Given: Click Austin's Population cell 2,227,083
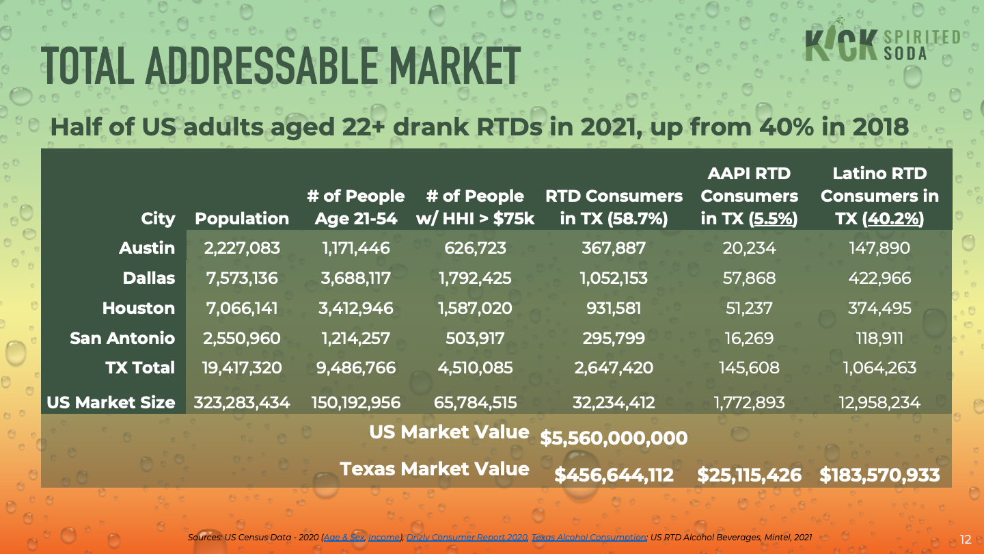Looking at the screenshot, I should click(243, 248).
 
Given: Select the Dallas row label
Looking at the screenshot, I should click(148, 278).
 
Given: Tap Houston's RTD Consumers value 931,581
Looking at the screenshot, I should click(613, 308).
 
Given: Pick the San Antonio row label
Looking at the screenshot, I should click(122, 338).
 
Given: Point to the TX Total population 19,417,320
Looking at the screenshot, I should click(241, 368).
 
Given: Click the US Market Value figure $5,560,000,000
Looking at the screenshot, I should click(614, 438).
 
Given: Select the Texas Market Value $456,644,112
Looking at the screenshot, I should click(614, 475).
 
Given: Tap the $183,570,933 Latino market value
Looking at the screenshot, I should click(879, 475).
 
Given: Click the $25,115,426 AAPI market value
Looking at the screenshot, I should click(749, 475).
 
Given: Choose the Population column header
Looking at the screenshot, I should click(242, 219).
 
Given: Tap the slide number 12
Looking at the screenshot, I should click(966, 540).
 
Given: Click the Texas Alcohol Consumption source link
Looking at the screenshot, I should click(589, 538).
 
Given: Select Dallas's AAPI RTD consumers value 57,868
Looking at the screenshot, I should click(749, 278).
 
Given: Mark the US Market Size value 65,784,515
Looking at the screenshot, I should click(475, 403).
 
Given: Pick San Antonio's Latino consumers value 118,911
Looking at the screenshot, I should click(879, 338).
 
